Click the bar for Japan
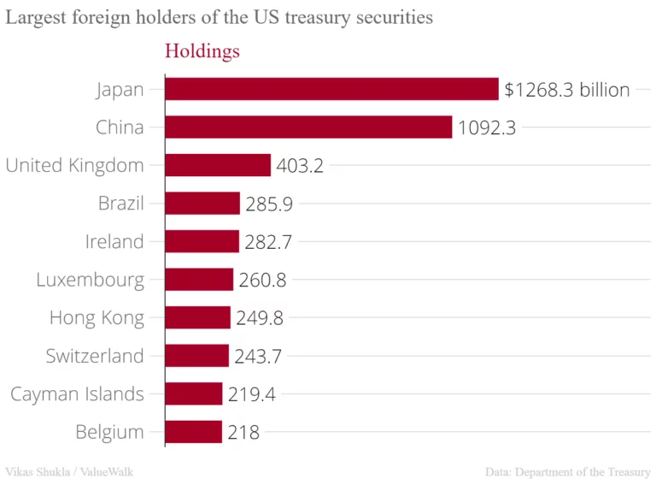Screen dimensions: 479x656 click(x=331, y=89)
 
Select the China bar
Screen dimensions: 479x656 click(x=308, y=127)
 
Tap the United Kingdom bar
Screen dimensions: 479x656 click(x=218, y=165)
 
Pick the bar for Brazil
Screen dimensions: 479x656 click(x=202, y=204)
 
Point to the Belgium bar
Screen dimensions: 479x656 click(x=193, y=432)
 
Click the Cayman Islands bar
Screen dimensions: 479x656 click(x=194, y=393)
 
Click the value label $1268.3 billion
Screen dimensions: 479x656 click(x=567, y=89)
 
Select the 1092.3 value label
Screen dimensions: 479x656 click(x=487, y=127)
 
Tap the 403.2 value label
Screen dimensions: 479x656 click(x=300, y=165)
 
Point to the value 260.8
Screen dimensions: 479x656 click(x=262, y=280)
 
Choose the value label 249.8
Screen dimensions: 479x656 click(x=260, y=318)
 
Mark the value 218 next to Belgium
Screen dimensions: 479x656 click(x=243, y=432)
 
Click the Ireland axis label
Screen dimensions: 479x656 click(x=114, y=242)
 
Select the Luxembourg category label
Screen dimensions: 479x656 click(x=91, y=280)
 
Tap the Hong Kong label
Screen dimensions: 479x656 click(x=97, y=318)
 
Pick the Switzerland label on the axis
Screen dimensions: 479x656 click(x=95, y=356)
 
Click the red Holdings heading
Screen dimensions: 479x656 click(x=202, y=51)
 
